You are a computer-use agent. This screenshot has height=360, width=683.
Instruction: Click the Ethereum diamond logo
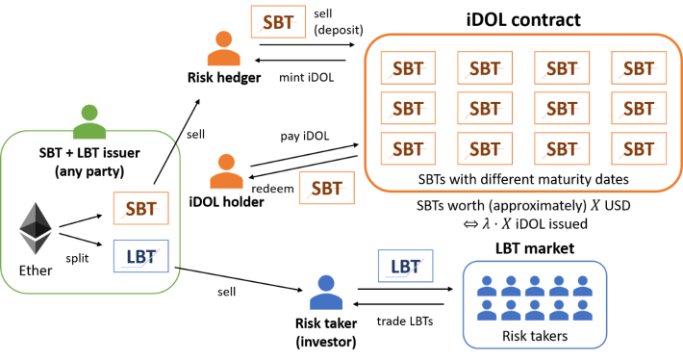pos(35,228)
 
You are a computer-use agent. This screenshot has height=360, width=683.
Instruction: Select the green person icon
pos(89,122)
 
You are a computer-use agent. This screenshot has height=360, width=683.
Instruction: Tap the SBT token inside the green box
pos(140,208)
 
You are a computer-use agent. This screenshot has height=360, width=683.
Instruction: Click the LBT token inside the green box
pos(140,256)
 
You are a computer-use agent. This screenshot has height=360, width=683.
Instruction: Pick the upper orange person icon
pos(224,48)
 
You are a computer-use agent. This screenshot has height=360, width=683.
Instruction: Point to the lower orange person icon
pos(226,171)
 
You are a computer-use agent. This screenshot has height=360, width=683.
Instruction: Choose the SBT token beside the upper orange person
pos(278,22)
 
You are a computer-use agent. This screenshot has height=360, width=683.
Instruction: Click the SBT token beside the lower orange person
pos(326,188)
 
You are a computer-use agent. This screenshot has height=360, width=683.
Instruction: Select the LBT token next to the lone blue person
pos(405,266)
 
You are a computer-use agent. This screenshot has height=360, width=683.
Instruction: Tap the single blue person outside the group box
pos(326,292)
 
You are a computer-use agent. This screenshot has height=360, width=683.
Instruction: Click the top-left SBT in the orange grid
pos(408,68)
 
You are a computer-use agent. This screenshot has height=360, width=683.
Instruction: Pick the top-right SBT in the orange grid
pos(639,68)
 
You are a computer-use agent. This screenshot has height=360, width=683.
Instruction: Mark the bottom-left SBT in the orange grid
pos(408,149)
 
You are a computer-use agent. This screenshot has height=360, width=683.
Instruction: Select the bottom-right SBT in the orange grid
pos(639,149)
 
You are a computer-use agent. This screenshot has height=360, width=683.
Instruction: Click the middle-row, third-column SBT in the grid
pos(562,109)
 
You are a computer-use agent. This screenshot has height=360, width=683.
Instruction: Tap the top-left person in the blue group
pos(487,286)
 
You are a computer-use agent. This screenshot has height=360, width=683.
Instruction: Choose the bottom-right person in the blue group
pos(583,310)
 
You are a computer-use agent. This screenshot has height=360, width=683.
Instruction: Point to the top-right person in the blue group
pos(583,286)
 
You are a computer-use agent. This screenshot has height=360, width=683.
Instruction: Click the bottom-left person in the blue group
pos(487,310)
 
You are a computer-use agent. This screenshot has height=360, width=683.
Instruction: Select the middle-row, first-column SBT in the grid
pos(408,109)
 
